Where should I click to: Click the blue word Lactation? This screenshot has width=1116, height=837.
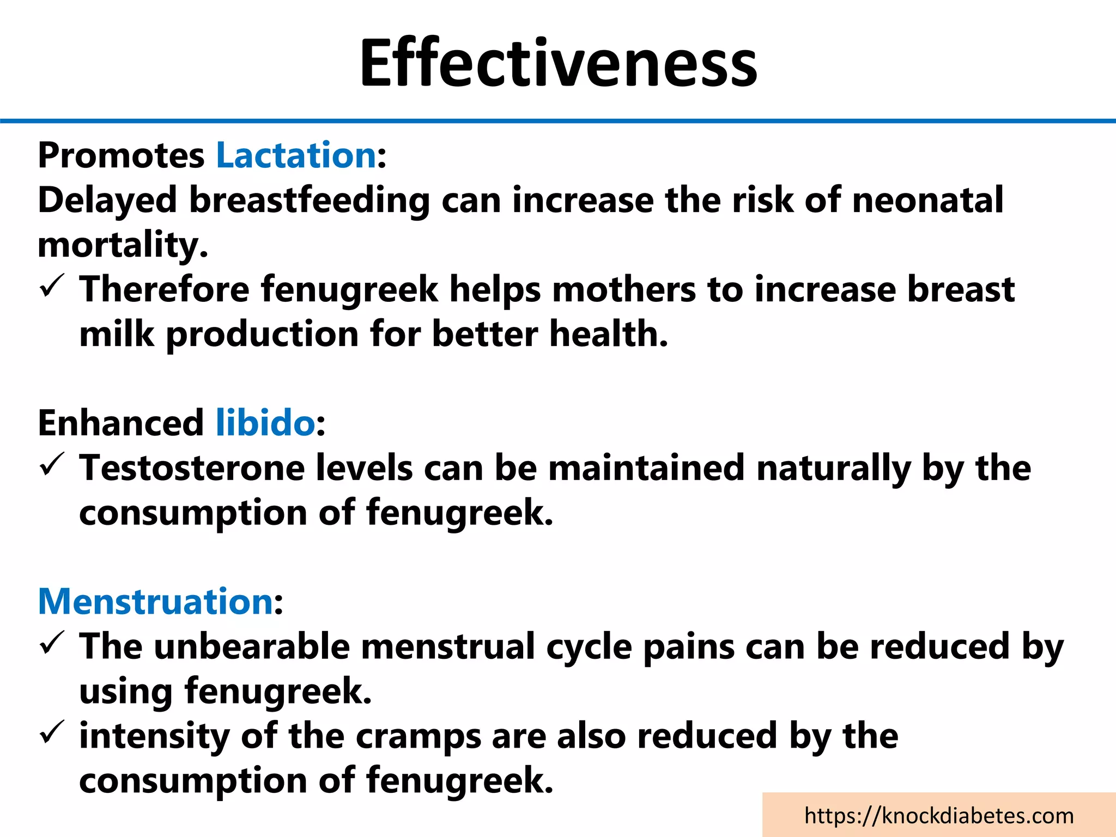[x=296, y=155]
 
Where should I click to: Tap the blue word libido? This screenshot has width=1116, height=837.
[x=265, y=423]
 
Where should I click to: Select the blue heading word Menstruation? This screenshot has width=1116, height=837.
[x=155, y=602]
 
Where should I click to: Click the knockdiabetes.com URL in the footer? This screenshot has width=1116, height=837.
[x=938, y=816]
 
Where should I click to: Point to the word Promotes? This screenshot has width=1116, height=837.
[x=120, y=156]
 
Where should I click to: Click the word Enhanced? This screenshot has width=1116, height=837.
[x=120, y=423]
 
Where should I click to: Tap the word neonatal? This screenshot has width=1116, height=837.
[x=927, y=200]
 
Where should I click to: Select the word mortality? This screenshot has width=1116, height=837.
[x=123, y=245]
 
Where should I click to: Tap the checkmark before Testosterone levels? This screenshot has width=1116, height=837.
[x=53, y=465]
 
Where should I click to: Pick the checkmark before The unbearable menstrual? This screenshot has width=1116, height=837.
[x=53, y=644]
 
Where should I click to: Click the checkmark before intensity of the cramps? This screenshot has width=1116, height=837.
[x=53, y=733]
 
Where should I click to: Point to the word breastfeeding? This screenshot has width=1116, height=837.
[x=310, y=201]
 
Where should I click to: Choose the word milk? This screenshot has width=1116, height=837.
[x=117, y=334]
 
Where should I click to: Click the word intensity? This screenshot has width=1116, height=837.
[x=154, y=736]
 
